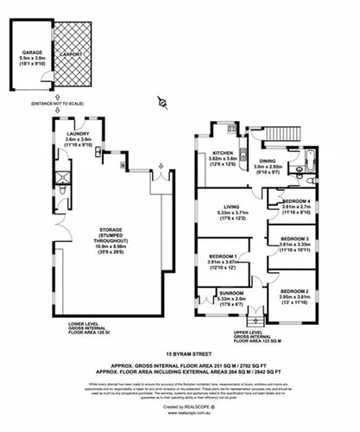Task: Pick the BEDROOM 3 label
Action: pos(297,242)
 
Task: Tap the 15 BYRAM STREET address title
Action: pos(180,355)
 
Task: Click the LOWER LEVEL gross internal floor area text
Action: pos(74,330)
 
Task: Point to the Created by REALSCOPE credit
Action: pos(180,405)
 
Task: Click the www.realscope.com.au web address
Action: pos(180,414)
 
